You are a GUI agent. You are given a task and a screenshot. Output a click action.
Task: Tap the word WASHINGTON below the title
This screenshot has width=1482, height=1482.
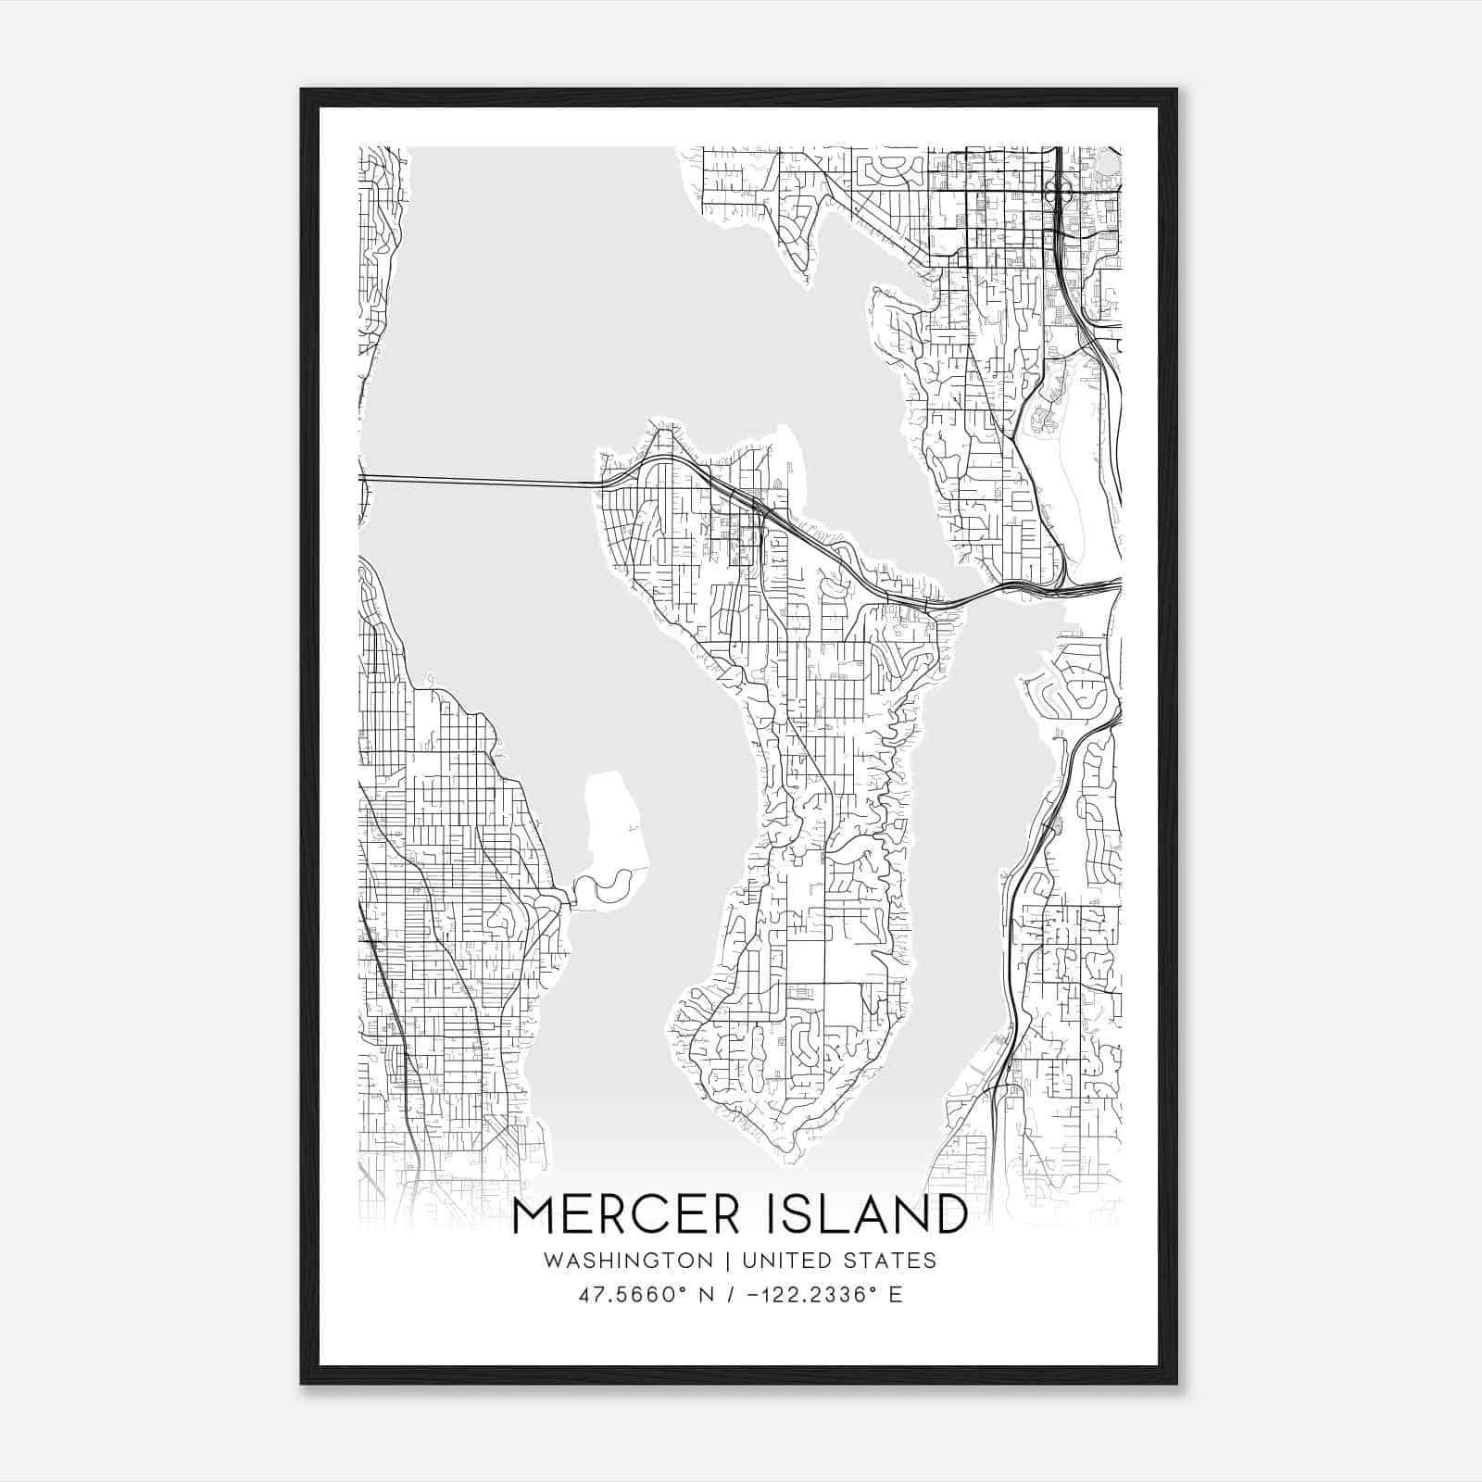tap(628, 1261)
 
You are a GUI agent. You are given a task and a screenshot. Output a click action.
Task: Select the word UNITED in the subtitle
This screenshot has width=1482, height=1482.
tap(787, 1261)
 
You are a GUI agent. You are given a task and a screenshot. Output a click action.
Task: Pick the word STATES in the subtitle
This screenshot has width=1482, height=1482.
tap(892, 1261)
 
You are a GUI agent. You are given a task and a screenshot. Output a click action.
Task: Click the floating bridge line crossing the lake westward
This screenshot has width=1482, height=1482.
tap(482, 479)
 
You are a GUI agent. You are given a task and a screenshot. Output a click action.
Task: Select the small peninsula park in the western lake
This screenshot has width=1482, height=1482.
tap(613, 815)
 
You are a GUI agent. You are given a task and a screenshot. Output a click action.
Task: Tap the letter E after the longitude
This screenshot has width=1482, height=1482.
tap(896, 1295)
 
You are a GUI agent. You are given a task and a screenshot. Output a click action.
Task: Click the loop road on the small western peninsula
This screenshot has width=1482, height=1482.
tap(611, 889)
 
